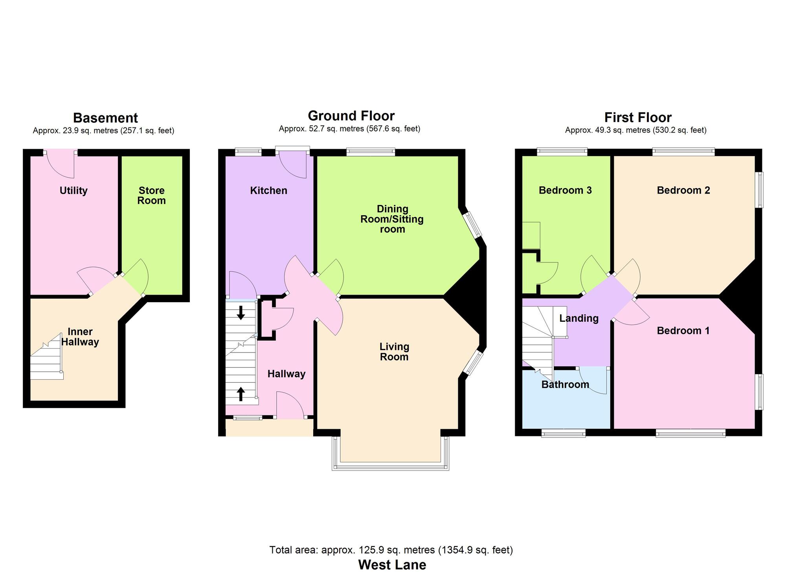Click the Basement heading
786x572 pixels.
click(x=105, y=118)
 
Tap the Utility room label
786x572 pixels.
click(x=73, y=191)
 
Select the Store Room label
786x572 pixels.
click(x=151, y=196)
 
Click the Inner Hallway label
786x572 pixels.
click(x=80, y=337)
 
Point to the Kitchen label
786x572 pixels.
click(x=269, y=191)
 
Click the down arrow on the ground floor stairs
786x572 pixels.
click(x=241, y=312)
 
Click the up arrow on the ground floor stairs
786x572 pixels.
click(x=241, y=394)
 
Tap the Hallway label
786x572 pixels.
click(x=286, y=374)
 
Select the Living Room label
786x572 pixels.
click(x=394, y=352)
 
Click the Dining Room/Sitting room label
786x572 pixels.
click(x=392, y=219)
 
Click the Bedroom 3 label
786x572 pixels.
click(x=565, y=190)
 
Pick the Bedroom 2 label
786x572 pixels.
click(x=683, y=190)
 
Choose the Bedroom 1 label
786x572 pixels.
click(x=683, y=331)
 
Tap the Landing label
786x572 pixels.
click(x=579, y=318)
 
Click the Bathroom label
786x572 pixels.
click(x=565, y=384)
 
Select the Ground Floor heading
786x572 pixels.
click(x=351, y=116)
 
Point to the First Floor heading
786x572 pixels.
click(x=638, y=118)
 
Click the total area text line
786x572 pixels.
click(x=391, y=550)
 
